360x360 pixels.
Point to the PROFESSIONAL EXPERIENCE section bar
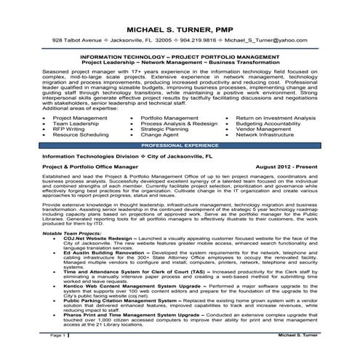(180, 145)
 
